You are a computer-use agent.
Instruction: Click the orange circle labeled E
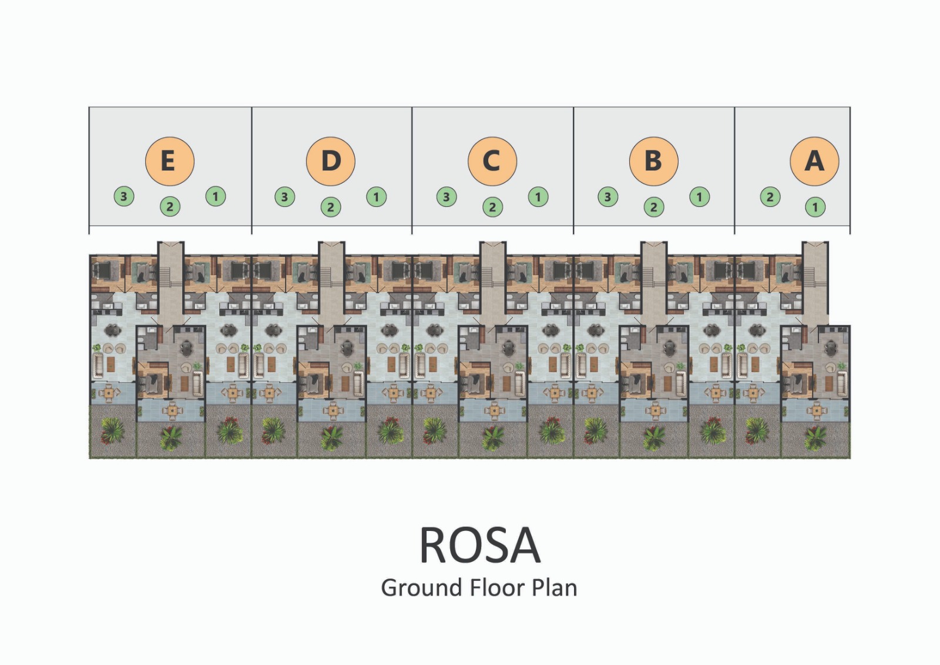(x=169, y=161)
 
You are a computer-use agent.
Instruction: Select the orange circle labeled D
(x=331, y=161)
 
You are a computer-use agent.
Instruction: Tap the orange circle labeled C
(x=492, y=161)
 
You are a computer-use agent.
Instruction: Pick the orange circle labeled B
(x=653, y=161)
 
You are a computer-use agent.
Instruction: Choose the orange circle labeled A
(x=814, y=161)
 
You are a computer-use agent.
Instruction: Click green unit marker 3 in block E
(x=124, y=196)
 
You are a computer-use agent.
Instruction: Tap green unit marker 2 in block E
(x=170, y=206)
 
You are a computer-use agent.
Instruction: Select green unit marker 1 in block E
(x=216, y=196)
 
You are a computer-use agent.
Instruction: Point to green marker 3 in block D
(x=285, y=196)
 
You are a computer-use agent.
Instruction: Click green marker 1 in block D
(x=377, y=196)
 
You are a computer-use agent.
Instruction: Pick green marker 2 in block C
(x=492, y=207)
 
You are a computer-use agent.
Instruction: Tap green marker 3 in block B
(x=608, y=196)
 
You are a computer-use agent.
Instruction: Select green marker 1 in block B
(x=699, y=196)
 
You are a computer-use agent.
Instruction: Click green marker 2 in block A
(x=770, y=196)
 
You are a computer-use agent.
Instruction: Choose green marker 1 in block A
(x=815, y=207)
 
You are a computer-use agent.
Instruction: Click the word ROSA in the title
(x=479, y=546)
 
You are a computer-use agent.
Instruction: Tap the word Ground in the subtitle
(x=420, y=588)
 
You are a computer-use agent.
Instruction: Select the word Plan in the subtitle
(x=555, y=588)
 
